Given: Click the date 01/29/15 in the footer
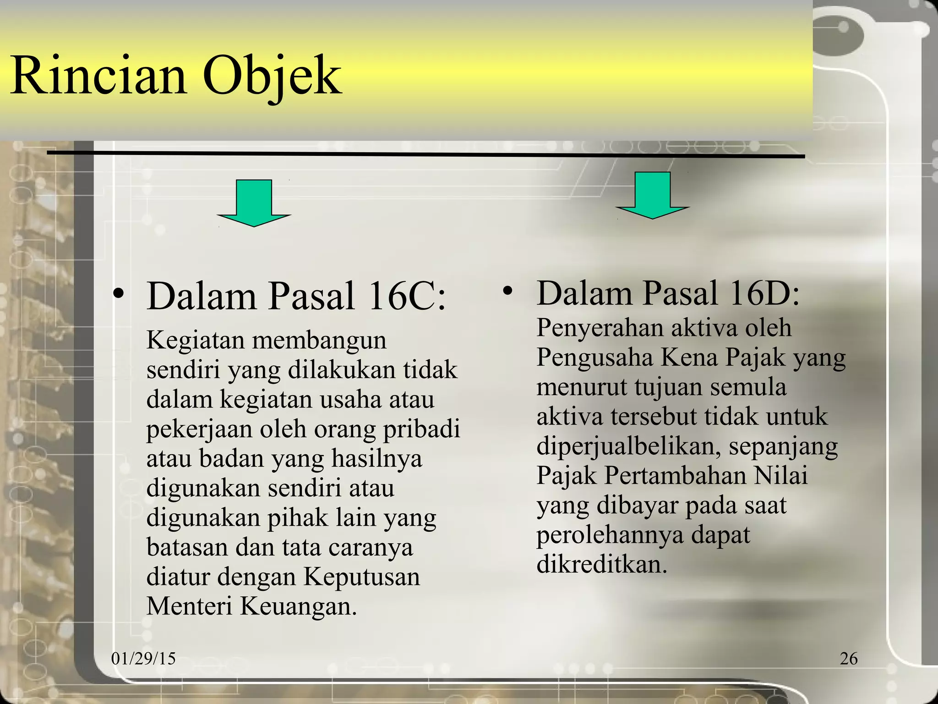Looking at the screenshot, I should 143,659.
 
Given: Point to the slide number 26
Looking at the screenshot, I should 849,659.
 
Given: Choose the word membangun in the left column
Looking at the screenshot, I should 319,341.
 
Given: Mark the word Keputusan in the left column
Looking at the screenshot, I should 362,577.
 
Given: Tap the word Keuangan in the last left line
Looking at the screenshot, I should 298,607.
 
